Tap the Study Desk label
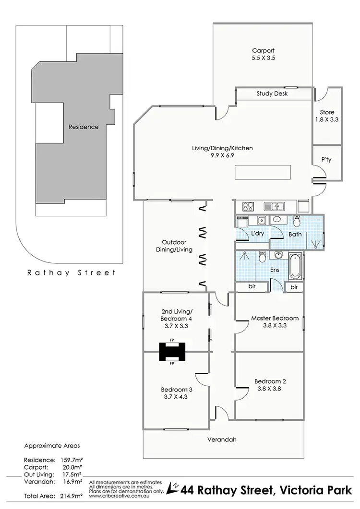(x=272, y=94)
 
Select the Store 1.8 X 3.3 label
(x=327, y=116)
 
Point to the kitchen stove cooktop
(x=248, y=207)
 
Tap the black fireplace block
(x=172, y=352)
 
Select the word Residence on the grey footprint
(x=84, y=127)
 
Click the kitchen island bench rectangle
(x=263, y=172)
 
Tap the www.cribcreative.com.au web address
(x=118, y=496)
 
